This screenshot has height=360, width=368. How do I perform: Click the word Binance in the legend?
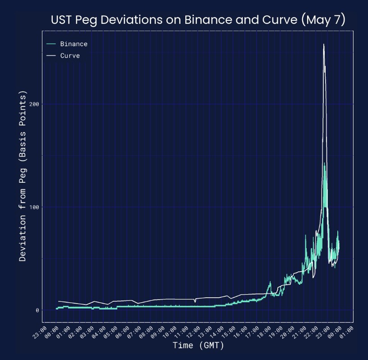tap(74, 44)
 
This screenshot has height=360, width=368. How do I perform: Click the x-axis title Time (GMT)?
tap(198, 346)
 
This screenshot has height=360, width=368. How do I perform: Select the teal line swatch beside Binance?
tap(51, 44)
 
